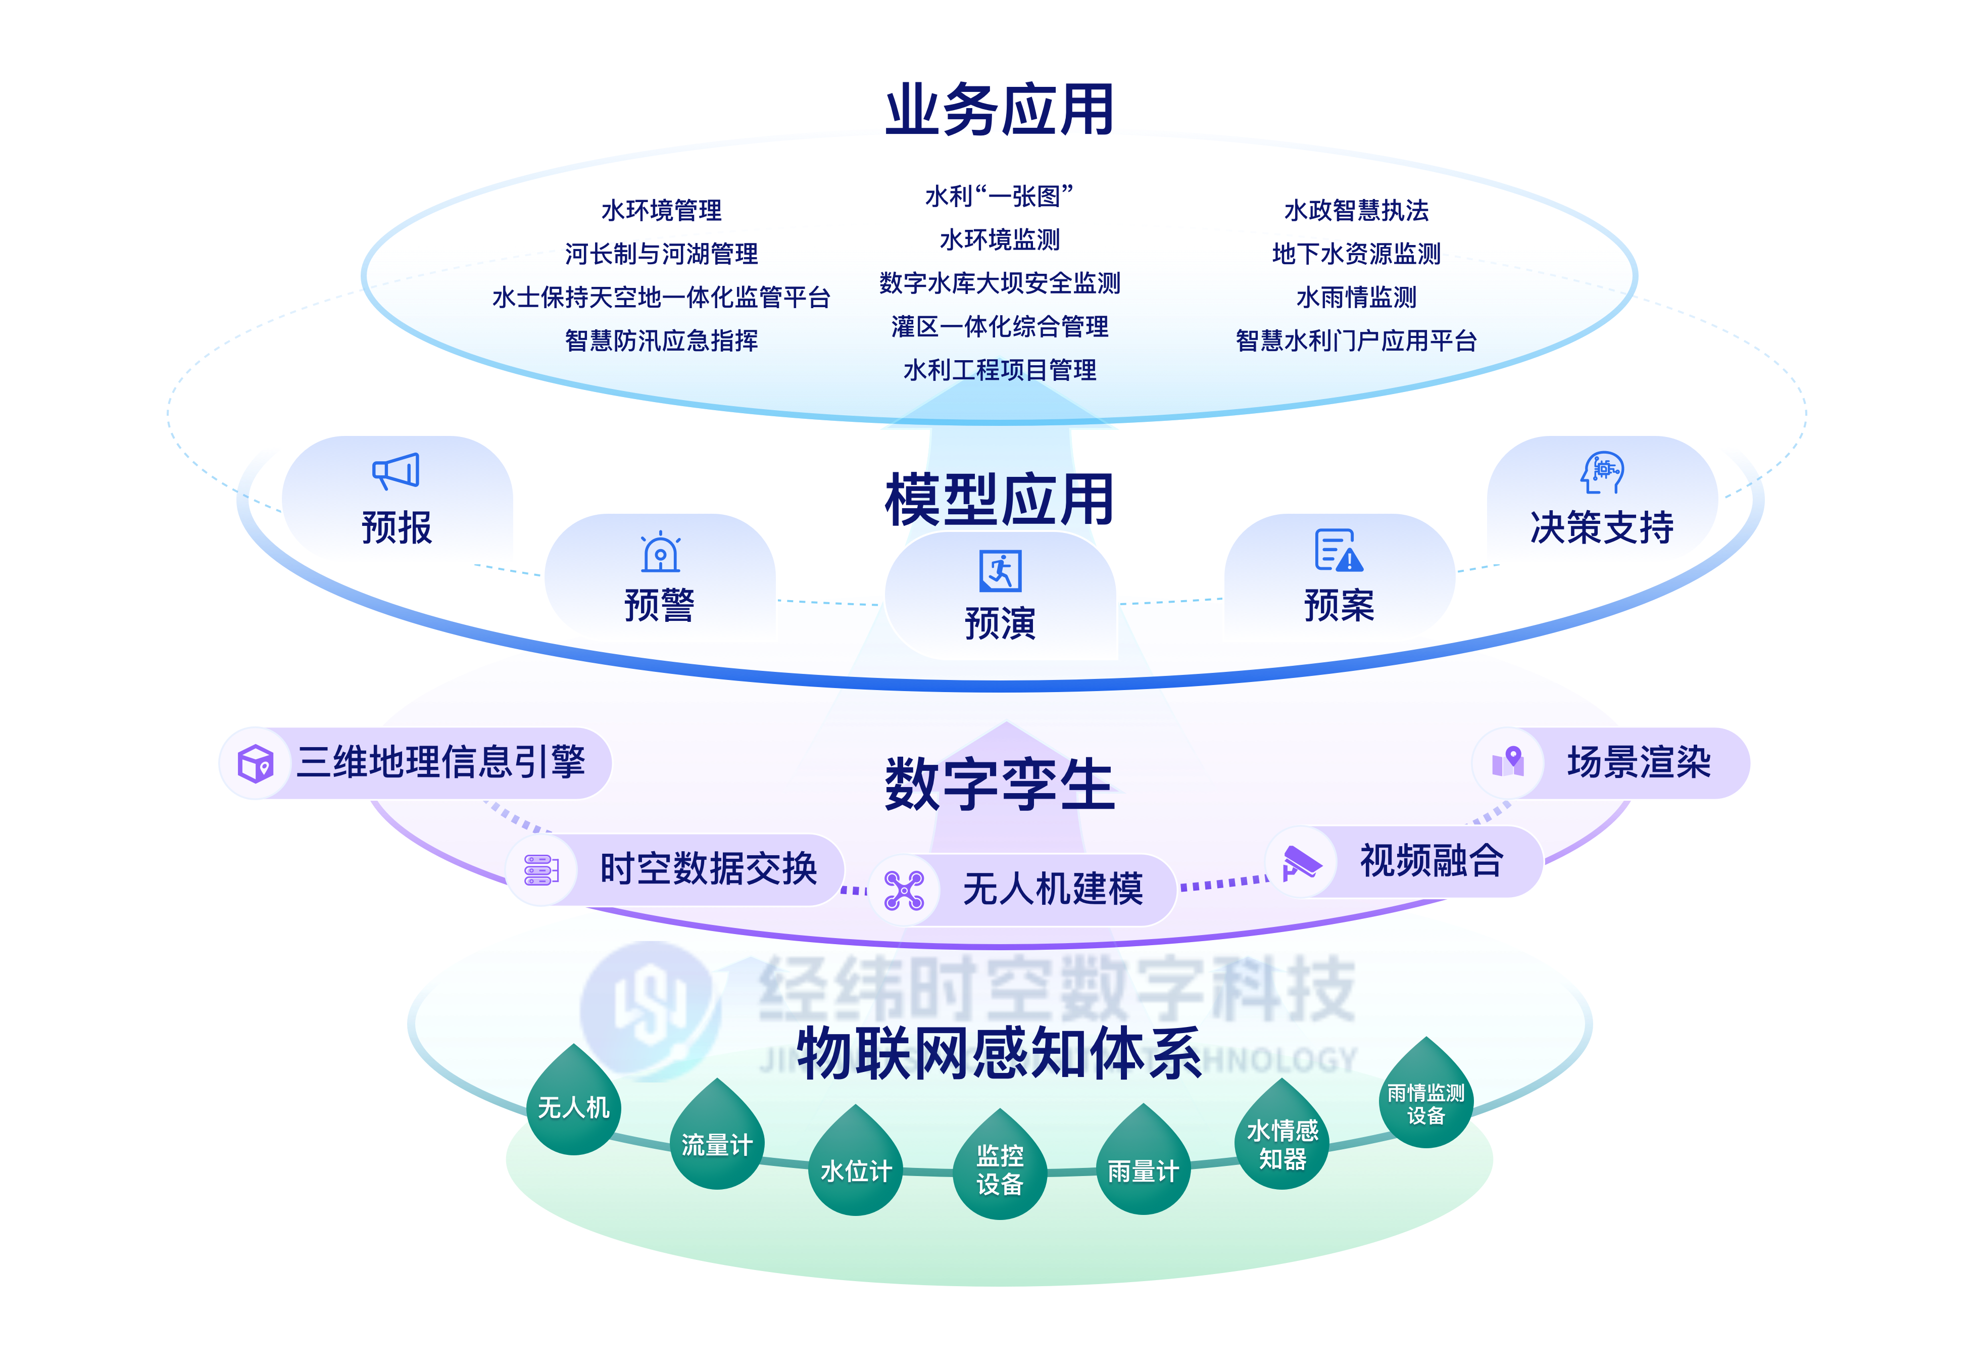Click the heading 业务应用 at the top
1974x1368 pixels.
(x=1000, y=110)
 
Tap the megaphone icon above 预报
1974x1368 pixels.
(x=396, y=471)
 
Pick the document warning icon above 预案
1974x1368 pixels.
(x=1338, y=550)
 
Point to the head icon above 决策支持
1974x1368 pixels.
(x=1602, y=472)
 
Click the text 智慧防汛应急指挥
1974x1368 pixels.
(x=661, y=341)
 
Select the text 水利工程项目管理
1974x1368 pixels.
(x=1000, y=370)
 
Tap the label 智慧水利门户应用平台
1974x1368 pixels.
(x=1356, y=341)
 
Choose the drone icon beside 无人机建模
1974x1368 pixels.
(x=904, y=890)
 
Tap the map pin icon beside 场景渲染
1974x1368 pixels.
(x=1509, y=762)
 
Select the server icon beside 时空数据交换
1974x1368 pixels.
(x=541, y=870)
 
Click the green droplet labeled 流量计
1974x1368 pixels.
(x=717, y=1140)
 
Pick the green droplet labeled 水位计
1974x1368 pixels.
(x=856, y=1166)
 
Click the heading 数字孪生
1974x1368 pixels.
(x=1000, y=785)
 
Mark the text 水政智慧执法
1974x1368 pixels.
(x=1356, y=211)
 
